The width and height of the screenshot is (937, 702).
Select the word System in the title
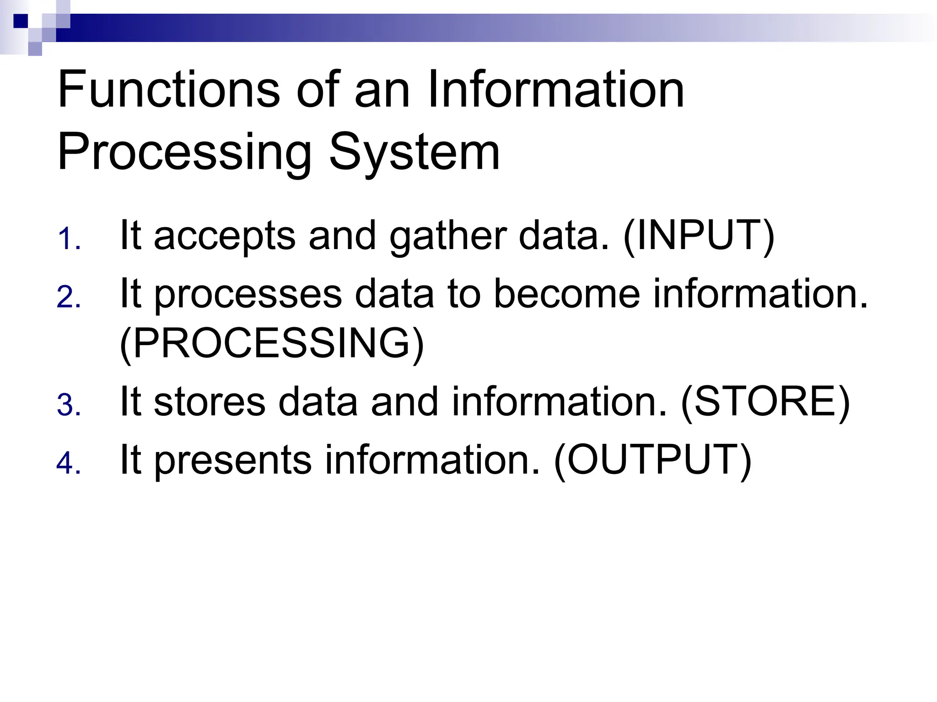pos(414,153)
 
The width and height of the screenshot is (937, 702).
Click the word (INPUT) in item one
pos(699,236)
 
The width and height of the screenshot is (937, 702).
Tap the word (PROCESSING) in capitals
pos(272,344)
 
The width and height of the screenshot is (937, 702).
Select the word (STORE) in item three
pos(765,402)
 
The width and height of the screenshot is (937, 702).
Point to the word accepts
pos(224,237)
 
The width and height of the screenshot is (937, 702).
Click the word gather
pos(447,237)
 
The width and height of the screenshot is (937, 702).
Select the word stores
pos(209,402)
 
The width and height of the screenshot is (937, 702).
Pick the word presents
pos(233,461)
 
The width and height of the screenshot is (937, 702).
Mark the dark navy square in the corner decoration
pos(21,21)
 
